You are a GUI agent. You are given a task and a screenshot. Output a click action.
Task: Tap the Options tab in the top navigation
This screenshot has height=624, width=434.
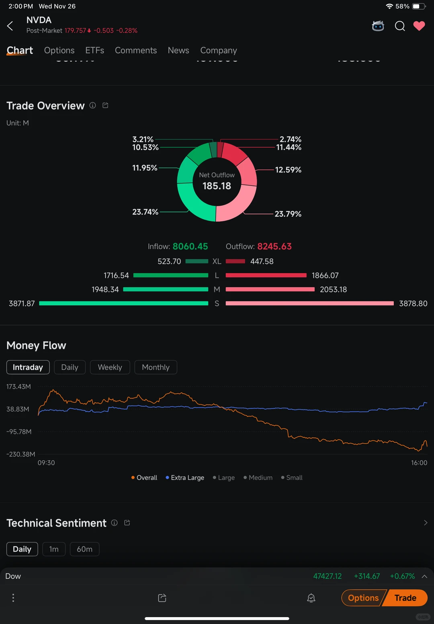[59, 50]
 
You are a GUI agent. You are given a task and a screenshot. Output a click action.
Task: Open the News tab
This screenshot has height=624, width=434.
[178, 50]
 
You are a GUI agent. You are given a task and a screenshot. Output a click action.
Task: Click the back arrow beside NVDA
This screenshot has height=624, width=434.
[10, 26]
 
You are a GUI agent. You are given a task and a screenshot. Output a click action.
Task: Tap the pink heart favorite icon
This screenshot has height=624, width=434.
[419, 26]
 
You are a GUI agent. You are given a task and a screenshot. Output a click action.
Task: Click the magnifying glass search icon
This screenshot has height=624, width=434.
[399, 26]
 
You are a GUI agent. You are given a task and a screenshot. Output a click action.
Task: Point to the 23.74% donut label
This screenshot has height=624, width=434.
[145, 212]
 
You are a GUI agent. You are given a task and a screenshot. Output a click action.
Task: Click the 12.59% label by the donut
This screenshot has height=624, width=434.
[288, 170]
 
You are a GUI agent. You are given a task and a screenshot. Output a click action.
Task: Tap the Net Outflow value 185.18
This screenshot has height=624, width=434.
[217, 186]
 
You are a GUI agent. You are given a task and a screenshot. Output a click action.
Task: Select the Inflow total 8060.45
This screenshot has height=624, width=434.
[190, 247]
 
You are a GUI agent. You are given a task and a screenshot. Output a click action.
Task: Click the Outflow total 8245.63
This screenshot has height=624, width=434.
[274, 247]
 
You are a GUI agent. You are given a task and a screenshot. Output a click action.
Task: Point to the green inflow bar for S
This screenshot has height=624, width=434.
[123, 304]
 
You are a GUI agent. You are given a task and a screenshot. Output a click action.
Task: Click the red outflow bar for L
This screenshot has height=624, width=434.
[266, 275]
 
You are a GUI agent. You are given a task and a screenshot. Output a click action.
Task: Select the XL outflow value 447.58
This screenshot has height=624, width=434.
[262, 261]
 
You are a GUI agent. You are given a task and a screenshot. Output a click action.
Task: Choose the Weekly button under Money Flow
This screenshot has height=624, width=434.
[110, 367]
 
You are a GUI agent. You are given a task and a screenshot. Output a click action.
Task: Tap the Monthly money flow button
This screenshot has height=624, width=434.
[156, 367]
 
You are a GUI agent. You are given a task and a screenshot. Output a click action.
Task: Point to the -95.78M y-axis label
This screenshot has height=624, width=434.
[19, 432]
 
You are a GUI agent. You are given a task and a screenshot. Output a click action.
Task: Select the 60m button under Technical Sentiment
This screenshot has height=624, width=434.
[84, 549]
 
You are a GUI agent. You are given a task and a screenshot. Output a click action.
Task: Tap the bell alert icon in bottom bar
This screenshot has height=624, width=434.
[311, 598]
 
